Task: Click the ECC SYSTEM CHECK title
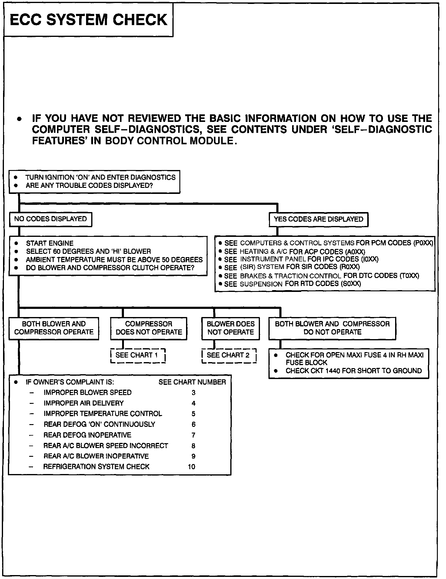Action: point(88,20)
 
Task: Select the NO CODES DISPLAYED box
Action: point(50,219)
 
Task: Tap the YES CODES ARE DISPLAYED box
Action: point(318,219)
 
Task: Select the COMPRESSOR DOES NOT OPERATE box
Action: point(148,328)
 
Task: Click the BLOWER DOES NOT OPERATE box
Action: point(231,328)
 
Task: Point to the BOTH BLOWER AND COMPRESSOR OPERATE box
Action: point(54,328)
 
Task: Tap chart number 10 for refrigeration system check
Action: point(191,467)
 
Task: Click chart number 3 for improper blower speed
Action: point(194,393)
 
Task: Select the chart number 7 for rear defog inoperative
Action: point(194,435)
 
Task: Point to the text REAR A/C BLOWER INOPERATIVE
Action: point(96,456)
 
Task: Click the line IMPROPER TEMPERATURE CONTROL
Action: point(103,414)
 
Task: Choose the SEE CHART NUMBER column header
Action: point(192,382)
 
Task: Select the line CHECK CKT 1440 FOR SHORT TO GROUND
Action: point(353,371)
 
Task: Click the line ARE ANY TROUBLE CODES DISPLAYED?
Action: point(89,185)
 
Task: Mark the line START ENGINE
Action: point(50,243)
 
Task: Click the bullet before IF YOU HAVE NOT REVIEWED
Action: point(19,119)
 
